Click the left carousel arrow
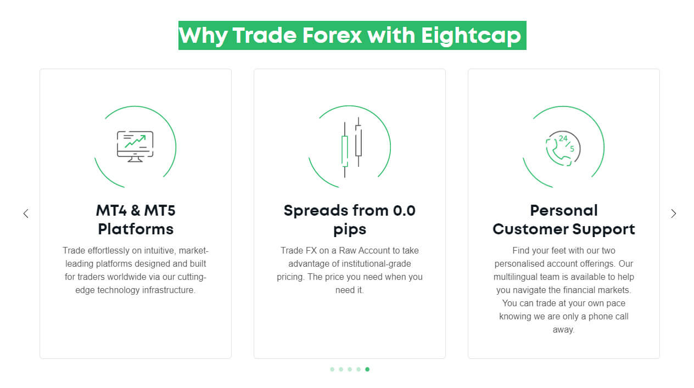point(26,213)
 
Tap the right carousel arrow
point(673,213)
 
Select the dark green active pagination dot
point(367,369)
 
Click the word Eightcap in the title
point(471,36)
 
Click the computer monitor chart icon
point(135,147)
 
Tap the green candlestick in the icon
point(345,150)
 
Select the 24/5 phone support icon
point(563,147)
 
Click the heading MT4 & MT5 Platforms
point(136,220)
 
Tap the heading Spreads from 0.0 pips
point(350,220)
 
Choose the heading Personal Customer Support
point(564,220)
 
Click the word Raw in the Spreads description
point(346,250)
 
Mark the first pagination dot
point(332,369)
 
